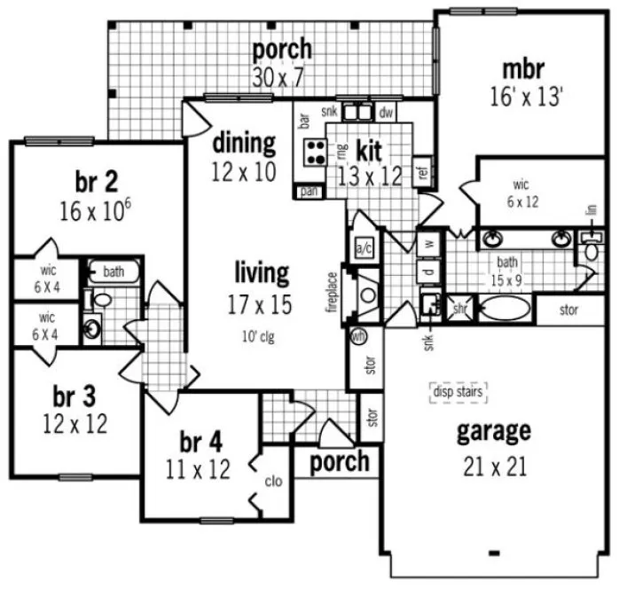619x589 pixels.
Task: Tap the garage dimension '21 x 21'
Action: pos(494,465)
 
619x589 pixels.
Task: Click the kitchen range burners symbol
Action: pos(314,152)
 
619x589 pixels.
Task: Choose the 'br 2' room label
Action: pos(97,182)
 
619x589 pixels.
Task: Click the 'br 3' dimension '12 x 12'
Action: pos(74,424)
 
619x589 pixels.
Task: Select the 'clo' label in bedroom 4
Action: pos(274,482)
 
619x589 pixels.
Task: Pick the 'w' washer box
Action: pos(428,241)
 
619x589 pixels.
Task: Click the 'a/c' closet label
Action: pos(363,246)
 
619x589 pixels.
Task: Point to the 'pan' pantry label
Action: pos(309,191)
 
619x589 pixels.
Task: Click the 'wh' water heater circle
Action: pos(360,336)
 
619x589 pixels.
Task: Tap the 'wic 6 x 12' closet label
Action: pos(521,193)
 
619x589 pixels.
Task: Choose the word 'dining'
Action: pos(243,143)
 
